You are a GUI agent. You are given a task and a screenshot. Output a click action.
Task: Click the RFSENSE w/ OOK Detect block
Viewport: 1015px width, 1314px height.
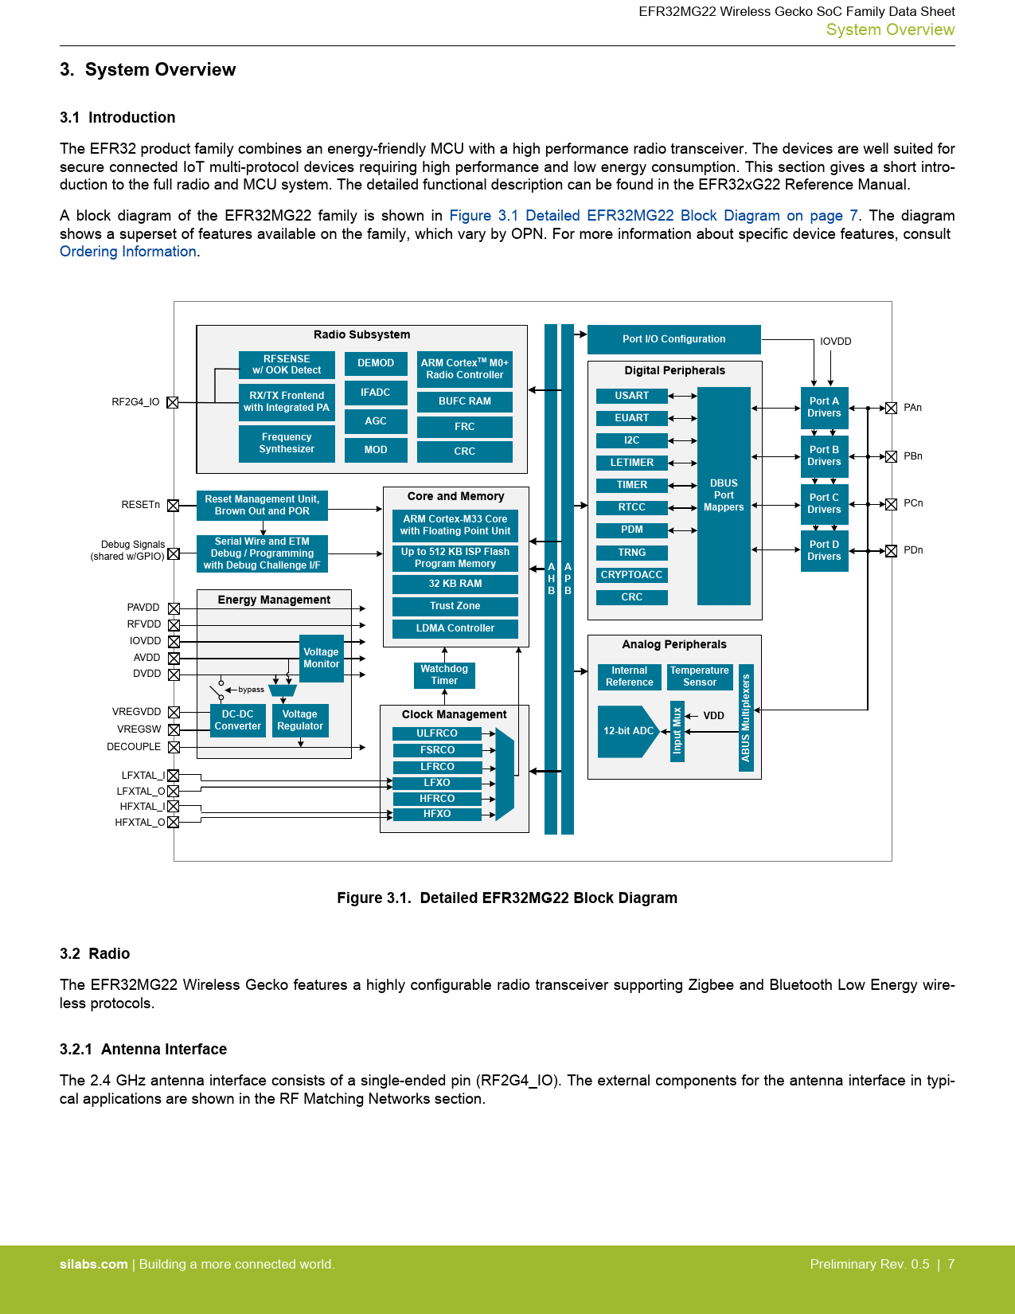(287, 365)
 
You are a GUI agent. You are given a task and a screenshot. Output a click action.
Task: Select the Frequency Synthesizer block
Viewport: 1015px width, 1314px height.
(287, 443)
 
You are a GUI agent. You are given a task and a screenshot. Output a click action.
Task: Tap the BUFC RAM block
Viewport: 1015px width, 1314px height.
(464, 401)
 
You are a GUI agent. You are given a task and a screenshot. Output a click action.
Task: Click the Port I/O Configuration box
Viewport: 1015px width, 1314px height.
(673, 339)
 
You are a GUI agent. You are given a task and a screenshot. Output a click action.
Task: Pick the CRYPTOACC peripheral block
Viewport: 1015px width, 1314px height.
(631, 575)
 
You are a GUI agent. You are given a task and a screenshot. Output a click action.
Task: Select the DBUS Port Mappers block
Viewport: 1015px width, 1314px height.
(724, 495)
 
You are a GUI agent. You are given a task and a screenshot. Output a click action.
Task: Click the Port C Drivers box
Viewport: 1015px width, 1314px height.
(824, 503)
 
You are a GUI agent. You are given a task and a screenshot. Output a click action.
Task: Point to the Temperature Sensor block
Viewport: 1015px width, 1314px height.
(699, 677)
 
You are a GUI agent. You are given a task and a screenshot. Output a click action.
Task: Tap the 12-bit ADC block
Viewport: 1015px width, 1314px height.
(628, 731)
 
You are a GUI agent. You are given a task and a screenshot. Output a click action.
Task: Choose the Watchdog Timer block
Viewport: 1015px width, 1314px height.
(444, 675)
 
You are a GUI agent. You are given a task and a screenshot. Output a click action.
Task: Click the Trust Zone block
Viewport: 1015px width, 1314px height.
(455, 606)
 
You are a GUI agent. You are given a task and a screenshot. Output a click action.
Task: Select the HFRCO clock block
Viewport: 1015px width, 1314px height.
(437, 799)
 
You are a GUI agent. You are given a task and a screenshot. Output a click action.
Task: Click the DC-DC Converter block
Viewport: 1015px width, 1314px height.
(237, 721)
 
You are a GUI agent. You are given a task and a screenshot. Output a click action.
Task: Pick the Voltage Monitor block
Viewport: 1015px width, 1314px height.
(321, 658)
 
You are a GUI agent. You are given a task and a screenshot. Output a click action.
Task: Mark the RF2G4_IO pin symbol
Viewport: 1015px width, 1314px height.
(173, 402)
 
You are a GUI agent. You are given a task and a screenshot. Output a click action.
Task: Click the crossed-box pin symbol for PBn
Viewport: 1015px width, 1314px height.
(892, 456)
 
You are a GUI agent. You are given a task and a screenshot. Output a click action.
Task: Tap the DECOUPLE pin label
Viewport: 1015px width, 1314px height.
(134, 747)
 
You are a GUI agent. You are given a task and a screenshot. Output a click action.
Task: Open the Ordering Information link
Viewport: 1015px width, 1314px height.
(128, 252)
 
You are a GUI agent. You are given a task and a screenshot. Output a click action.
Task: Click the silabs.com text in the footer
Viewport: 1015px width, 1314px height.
(93, 1265)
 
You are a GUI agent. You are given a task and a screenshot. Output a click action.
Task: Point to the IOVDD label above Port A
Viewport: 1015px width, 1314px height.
(835, 342)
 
